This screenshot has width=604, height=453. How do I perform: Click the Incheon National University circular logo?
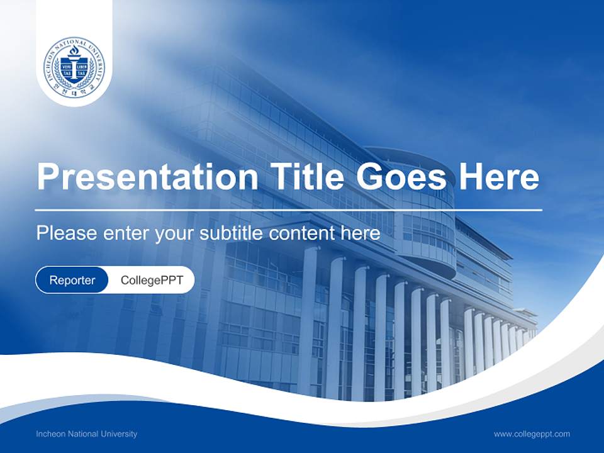pyautogui.click(x=74, y=66)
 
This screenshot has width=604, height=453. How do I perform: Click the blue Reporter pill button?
pyautogui.click(x=72, y=280)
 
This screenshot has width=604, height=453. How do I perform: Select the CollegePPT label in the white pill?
pyautogui.click(x=152, y=280)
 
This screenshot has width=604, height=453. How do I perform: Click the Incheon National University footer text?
pyautogui.click(x=86, y=434)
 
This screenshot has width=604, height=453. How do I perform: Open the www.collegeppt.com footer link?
pyautogui.click(x=532, y=434)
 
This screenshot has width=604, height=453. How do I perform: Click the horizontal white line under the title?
pyautogui.click(x=289, y=210)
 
